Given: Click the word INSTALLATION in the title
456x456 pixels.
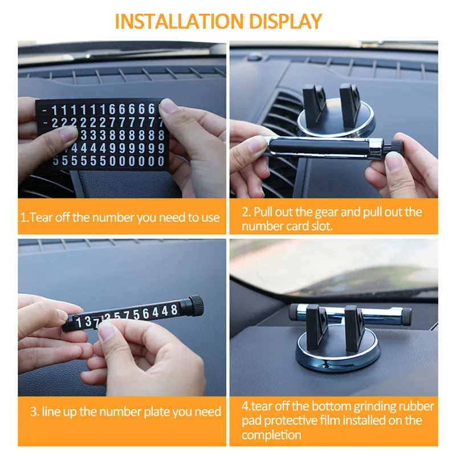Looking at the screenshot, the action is (179, 21).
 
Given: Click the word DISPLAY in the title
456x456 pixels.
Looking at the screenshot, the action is (286, 21).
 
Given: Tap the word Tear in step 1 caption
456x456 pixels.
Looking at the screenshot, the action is (41, 217).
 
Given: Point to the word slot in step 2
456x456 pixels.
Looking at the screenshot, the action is (322, 226).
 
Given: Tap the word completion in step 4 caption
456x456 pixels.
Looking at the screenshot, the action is (271, 435).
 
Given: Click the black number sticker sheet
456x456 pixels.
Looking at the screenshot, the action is (102, 134).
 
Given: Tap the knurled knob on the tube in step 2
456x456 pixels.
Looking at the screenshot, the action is (396, 144).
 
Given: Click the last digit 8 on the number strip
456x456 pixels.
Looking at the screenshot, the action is (174, 310).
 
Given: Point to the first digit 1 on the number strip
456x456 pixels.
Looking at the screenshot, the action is (79, 322).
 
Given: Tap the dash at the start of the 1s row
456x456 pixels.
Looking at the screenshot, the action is (44, 111).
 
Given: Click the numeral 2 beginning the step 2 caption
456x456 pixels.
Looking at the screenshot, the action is (246, 213).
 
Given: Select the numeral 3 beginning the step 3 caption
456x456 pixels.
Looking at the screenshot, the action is (34, 412).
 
